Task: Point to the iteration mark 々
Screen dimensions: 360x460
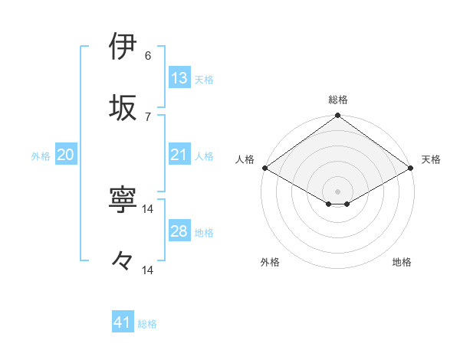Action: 124,261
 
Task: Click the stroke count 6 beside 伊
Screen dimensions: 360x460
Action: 148,56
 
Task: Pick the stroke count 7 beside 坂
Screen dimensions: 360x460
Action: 148,116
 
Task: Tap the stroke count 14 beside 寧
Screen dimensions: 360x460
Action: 148,208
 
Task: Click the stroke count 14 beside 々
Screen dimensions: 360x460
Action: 148,270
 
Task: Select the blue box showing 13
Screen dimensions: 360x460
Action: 179,78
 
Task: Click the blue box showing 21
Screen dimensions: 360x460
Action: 179,155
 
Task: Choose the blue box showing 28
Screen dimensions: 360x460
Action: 179,231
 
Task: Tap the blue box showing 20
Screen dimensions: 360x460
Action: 66,155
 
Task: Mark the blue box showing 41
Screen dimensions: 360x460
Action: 123,323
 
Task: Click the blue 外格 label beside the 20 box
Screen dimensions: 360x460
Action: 41,156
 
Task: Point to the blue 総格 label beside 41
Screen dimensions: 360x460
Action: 147,325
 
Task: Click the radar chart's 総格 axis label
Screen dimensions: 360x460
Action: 338,100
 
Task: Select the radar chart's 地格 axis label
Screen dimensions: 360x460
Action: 402,262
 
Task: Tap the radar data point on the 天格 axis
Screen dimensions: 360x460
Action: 412,169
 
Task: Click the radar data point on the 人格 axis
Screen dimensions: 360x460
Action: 264,168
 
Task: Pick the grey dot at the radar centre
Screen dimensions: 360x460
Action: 338,191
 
